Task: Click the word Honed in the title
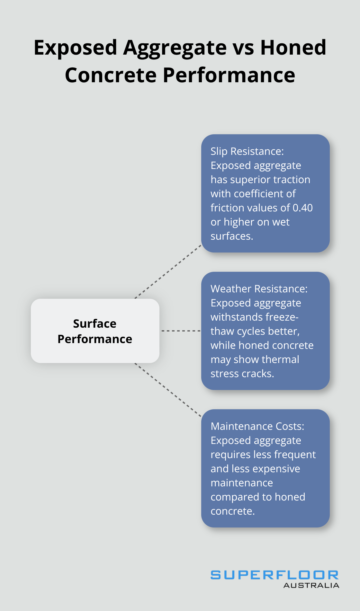tap(293, 48)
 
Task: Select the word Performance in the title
tap(229, 75)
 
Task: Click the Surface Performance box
tap(95, 331)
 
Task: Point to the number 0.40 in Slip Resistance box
tap(302, 208)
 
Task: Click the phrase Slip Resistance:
tap(247, 151)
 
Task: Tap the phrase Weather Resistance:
tap(259, 289)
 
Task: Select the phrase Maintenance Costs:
tap(257, 426)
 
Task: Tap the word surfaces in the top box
tap(231, 236)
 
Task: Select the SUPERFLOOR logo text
tap(274, 575)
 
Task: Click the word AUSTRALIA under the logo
tap(311, 586)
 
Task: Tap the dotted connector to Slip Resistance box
tap(168, 272)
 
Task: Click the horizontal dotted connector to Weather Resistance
tap(180, 331)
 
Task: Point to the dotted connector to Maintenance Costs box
tap(168, 390)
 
